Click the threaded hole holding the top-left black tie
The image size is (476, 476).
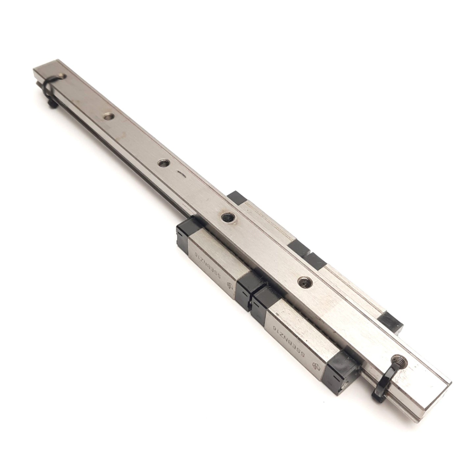(62, 76)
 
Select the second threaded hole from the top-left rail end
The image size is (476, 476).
(108, 116)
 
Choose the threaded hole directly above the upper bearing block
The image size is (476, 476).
(226, 217)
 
